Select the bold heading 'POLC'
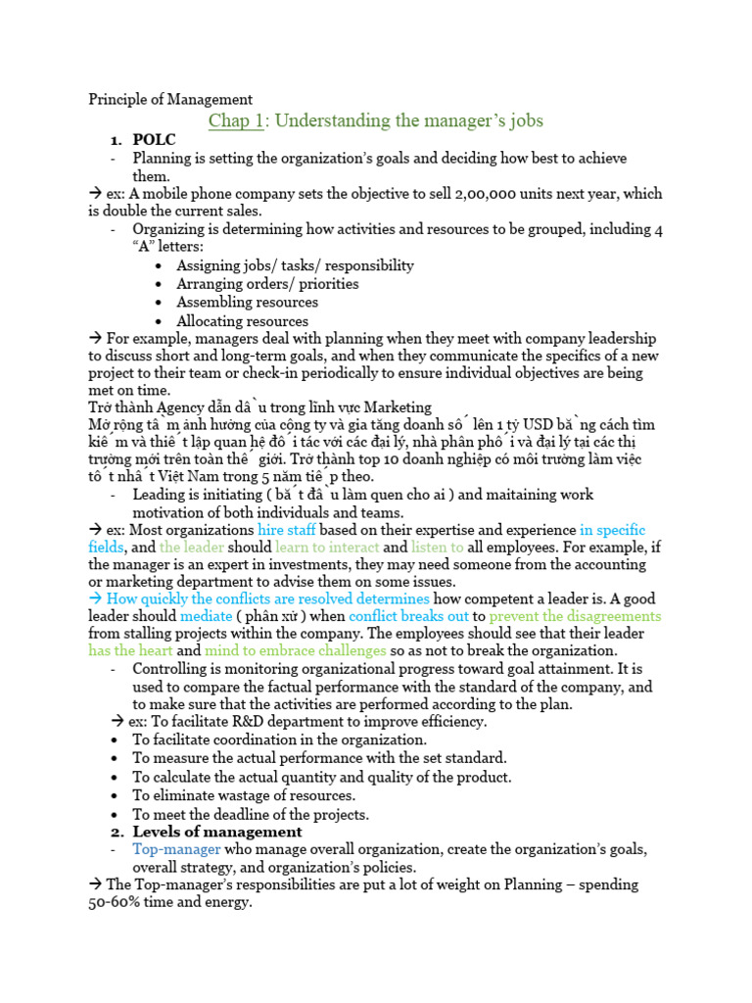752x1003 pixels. click(x=155, y=140)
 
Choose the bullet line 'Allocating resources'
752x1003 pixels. click(x=242, y=321)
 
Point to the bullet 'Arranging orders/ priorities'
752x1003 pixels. click(x=267, y=283)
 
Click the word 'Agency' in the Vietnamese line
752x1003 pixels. click(x=174, y=407)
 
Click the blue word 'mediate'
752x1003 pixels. click(x=206, y=617)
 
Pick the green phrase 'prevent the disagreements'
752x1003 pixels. click(x=575, y=617)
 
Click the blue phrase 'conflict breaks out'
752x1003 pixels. click(x=409, y=617)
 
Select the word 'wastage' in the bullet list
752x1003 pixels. click(x=230, y=795)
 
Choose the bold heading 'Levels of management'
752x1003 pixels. click(x=217, y=832)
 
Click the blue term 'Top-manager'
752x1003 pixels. click(x=176, y=849)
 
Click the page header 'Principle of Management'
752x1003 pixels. click(x=170, y=99)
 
